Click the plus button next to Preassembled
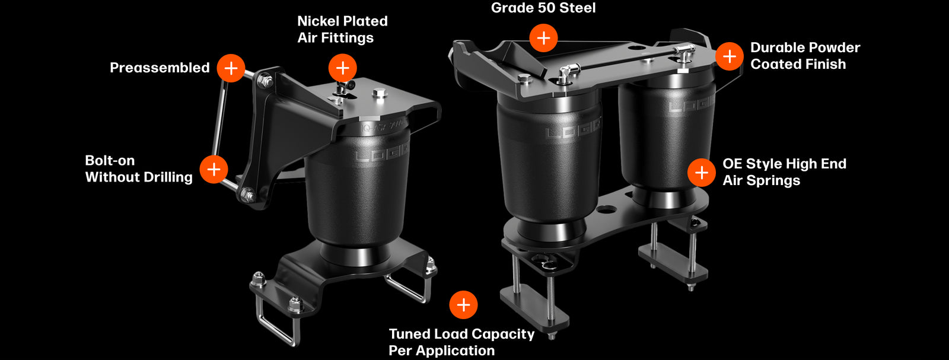[x=231, y=68]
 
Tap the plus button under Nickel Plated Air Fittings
[x=342, y=68]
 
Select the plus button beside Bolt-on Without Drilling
[x=214, y=169]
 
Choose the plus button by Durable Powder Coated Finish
[x=729, y=56]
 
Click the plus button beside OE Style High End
[x=701, y=173]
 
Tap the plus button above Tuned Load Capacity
[x=463, y=305]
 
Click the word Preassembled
[x=160, y=68]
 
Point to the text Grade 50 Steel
[x=543, y=8]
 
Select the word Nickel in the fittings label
[x=317, y=21]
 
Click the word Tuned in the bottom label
[x=409, y=334]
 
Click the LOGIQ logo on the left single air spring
[x=382, y=155]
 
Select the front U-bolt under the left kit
[x=276, y=323]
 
